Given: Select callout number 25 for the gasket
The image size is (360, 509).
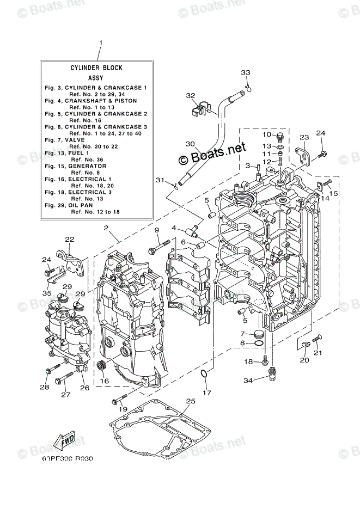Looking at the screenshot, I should [190, 402].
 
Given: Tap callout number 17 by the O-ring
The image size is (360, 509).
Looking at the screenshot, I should [206, 393].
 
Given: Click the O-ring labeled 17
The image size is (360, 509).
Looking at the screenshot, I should [203, 374].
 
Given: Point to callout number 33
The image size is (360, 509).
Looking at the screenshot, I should [246, 73].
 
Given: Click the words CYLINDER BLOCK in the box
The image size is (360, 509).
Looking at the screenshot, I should [96, 68].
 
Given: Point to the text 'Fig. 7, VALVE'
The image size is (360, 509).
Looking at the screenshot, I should [64, 140].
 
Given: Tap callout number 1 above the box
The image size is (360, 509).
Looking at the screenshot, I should [100, 42].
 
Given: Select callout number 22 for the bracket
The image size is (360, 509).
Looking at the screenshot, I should [69, 239].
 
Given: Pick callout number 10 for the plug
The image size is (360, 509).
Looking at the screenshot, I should [266, 134].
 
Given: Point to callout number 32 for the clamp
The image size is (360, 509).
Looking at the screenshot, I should [190, 96].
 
